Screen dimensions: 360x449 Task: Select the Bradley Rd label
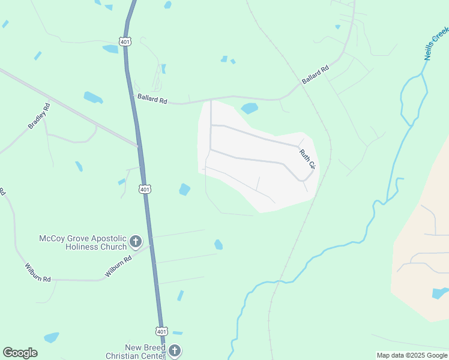(39, 116)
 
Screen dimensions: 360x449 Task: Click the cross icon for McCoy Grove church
(136, 242)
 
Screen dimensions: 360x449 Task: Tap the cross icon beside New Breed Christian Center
(174, 351)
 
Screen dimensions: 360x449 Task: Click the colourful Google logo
(20, 353)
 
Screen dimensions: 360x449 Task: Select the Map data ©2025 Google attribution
(412, 355)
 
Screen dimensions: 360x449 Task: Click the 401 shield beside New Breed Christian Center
(161, 331)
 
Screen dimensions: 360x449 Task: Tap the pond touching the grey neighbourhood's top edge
(249, 109)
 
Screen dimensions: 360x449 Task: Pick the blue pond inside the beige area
(441, 293)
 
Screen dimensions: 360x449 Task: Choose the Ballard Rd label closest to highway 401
(152, 98)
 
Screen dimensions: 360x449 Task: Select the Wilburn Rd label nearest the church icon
(118, 266)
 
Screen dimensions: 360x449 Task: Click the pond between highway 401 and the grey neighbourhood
(185, 190)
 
